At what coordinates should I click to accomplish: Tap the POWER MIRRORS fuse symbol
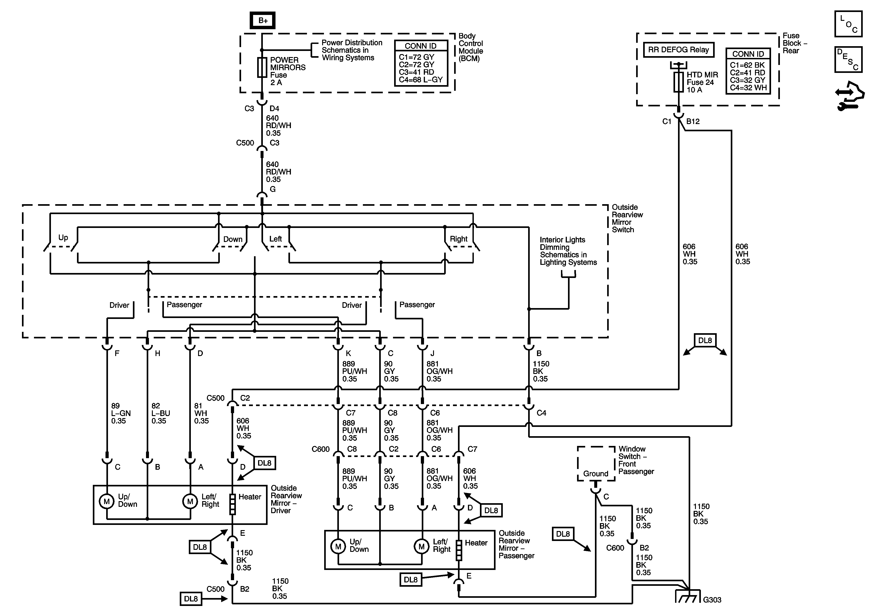coord(262,68)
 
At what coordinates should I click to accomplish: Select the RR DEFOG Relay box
coord(678,50)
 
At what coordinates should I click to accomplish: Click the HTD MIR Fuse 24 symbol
coord(678,82)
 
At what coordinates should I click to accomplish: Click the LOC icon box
coord(848,24)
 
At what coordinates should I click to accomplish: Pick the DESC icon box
coord(848,59)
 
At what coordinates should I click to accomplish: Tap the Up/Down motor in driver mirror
coord(107,501)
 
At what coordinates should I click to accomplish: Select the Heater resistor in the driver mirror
coord(232,504)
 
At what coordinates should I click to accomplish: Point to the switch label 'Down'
coord(233,239)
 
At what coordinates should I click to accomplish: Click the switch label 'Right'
coord(458,239)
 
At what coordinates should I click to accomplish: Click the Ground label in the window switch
coord(595,474)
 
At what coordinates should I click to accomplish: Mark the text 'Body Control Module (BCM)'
coord(471,47)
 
